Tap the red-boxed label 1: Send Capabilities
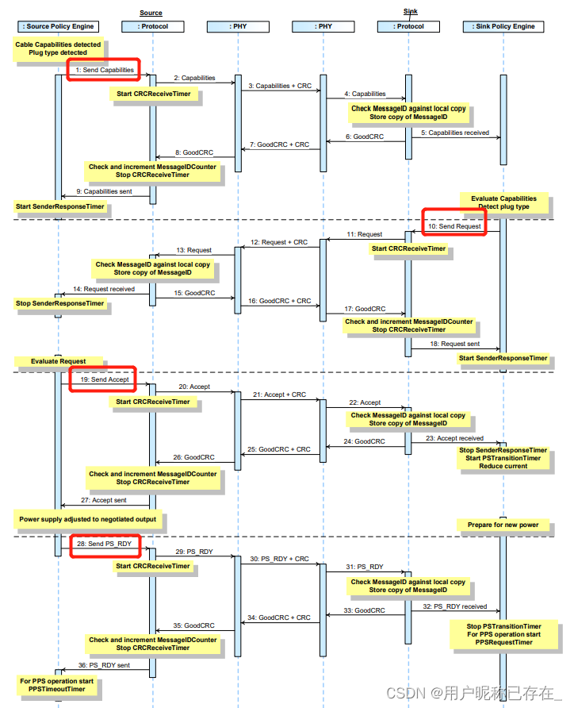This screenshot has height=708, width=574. [x=104, y=71]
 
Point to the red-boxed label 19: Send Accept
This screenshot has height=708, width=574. [x=103, y=379]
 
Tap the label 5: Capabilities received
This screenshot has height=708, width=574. [x=455, y=133]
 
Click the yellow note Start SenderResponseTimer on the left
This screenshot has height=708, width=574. [x=60, y=206]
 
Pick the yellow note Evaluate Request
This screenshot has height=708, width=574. [x=59, y=361]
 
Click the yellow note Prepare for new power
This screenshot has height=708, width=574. [x=503, y=525]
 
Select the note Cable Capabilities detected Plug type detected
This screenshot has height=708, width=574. [x=58, y=48]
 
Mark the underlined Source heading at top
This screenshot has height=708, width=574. [x=151, y=13]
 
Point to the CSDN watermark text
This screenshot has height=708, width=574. [x=474, y=692]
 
